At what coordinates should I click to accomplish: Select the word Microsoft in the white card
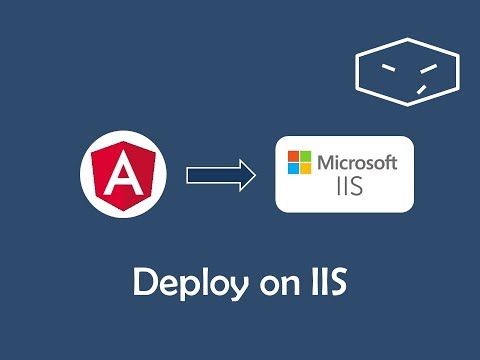click(358, 161)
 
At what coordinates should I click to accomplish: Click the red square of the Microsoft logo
click(292, 155)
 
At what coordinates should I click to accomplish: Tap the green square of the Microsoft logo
click(304, 155)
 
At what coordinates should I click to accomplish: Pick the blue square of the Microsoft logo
click(292, 167)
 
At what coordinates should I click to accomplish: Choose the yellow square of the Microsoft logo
click(304, 167)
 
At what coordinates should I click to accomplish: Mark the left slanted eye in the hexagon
click(384, 66)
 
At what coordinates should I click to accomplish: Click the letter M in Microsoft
click(326, 161)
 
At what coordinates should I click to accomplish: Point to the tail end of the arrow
click(189, 176)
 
